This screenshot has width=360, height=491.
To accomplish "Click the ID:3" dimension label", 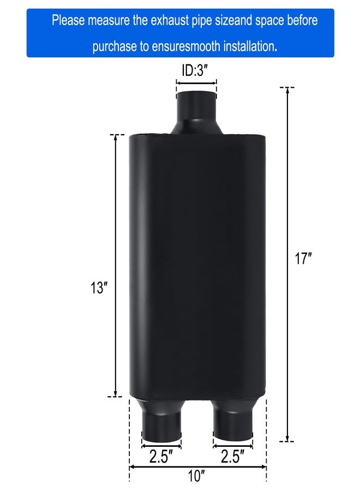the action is pos(197,71).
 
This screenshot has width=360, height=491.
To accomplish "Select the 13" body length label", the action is pos(99,288).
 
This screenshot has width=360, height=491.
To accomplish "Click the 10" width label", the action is pos(196,476).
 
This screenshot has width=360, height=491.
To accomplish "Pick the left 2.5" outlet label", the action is pos(161,456).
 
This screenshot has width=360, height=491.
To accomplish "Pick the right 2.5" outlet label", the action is pos(232,456).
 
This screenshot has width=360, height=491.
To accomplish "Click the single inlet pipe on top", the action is pos(196,112).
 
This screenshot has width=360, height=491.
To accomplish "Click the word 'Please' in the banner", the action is pos(68,21).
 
